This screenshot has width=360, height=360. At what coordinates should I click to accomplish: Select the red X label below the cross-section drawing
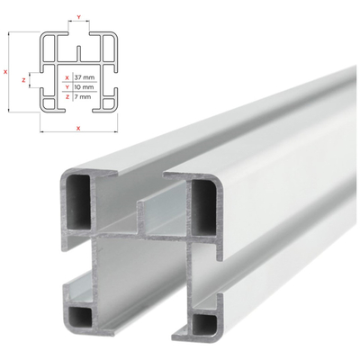pyautogui.click(x=79, y=129)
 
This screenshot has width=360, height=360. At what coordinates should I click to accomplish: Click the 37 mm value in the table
pyautogui.click(x=86, y=78)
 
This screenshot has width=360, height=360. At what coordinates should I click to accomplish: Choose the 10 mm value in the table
pyautogui.click(x=86, y=87)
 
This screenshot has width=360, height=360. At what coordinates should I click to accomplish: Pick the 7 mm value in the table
pyautogui.click(x=85, y=96)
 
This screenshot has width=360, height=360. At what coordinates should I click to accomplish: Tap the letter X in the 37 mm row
pyautogui.click(x=67, y=78)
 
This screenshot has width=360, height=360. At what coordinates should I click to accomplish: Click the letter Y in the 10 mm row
pyautogui.click(x=67, y=87)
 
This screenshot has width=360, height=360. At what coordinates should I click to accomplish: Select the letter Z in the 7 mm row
pyautogui.click(x=67, y=96)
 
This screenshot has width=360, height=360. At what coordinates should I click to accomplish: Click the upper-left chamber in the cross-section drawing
pyautogui.click(x=53, y=49)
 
